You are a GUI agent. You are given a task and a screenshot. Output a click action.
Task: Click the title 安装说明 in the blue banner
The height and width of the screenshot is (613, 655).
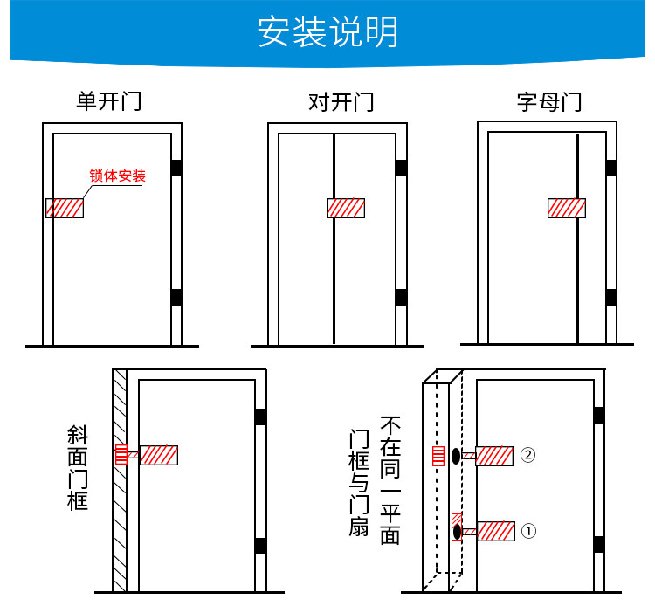pos(327,31)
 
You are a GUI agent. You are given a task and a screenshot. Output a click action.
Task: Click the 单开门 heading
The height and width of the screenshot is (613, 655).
pos(108,102)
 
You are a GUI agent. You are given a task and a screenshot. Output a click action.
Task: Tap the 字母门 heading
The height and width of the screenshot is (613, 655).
pos(548,102)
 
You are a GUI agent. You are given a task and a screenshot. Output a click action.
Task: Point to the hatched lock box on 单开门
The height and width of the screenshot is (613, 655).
pos(65,208)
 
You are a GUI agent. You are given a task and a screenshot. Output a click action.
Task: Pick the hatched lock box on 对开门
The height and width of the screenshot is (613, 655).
pos(346,208)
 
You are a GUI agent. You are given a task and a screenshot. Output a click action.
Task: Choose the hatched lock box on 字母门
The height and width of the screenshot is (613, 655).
pos(566,208)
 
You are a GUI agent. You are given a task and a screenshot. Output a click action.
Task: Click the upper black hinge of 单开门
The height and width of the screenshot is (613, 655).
pos(176,168)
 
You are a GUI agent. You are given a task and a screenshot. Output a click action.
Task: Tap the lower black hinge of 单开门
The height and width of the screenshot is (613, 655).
pos(176,297)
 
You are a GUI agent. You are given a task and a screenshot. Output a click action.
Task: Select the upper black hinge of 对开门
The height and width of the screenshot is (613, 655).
pos(402,168)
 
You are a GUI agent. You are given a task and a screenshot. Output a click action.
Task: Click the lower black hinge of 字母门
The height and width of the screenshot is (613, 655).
pos(611,297)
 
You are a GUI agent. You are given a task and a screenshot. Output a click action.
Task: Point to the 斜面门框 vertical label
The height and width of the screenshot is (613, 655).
pos(78,467)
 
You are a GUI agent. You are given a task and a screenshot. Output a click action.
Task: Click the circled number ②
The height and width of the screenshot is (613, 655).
pos(527,454)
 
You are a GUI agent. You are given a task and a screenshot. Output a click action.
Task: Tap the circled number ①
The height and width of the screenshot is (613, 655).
pos(527,530)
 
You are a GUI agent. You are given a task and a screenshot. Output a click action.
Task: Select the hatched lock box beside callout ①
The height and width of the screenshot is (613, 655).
pos(494,531)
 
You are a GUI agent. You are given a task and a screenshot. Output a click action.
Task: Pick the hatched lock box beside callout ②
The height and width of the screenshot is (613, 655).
pos(494,456)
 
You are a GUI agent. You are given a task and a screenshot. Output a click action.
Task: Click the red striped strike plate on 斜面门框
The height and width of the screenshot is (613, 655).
pos(121,455)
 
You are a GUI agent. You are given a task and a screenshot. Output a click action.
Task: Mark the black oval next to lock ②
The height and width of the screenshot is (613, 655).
pos(456,455)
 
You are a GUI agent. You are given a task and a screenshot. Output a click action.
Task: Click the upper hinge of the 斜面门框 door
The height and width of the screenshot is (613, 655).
pos(260,417)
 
